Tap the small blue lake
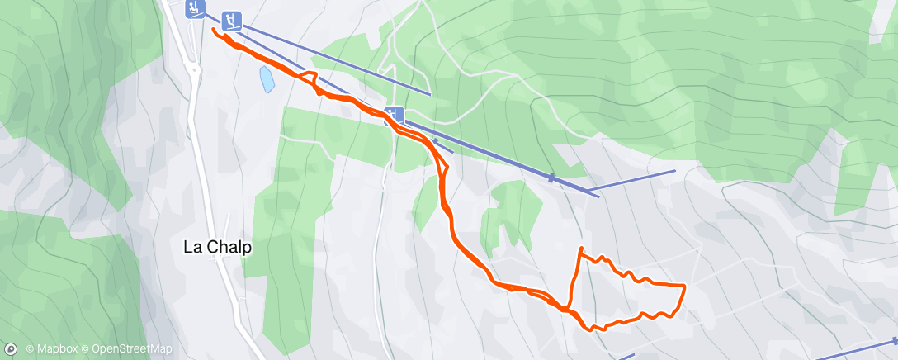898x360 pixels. coord(267,79)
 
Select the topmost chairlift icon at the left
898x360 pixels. coord(195,8)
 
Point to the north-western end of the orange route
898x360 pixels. coord(215,30)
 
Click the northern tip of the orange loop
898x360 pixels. coord(582,248)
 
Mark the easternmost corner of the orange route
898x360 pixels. coord(684,285)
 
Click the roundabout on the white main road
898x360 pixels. coord(196,70)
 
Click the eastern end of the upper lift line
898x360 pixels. coord(430,93)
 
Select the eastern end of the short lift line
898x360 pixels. coord(674,171)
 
